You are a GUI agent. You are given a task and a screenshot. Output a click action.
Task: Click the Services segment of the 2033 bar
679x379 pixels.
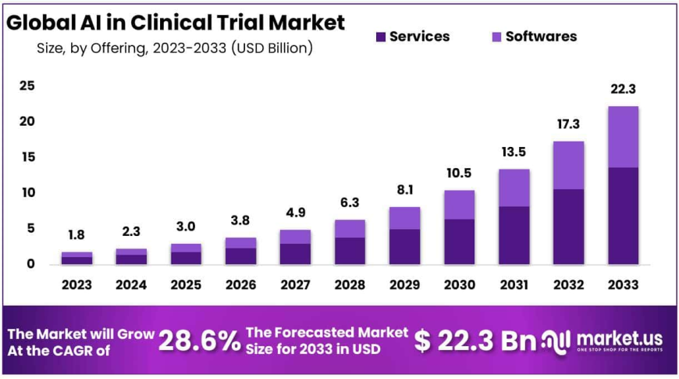pos(624,216)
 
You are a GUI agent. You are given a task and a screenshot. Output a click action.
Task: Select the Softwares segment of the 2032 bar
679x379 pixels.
pos(569,165)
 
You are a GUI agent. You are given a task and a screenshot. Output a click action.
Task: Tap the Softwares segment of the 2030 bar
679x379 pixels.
pos(460,205)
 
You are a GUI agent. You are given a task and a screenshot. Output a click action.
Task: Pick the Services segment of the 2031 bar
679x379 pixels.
pos(514,235)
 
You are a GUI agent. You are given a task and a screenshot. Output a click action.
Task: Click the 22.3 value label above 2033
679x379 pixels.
pos(624,91)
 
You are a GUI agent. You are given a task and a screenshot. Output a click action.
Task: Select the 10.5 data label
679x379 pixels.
pos(460,174)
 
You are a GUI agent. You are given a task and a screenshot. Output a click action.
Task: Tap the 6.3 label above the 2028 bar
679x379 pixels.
pos(350,204)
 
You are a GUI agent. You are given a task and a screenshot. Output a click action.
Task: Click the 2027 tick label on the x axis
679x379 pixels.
pos(296,285)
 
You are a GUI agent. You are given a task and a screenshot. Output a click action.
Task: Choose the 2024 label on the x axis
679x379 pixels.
pos(132,285)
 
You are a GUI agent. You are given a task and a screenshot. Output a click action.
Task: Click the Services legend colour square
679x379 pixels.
pos(381,37)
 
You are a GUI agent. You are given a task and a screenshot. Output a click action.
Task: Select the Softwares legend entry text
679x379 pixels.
pos(541,37)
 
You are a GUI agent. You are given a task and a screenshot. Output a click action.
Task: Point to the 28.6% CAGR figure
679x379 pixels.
pos(199,341)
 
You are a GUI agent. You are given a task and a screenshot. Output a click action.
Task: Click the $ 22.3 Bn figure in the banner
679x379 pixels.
pos(465,341)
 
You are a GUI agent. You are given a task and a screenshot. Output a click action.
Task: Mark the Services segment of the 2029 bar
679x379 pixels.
pos(405,246)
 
